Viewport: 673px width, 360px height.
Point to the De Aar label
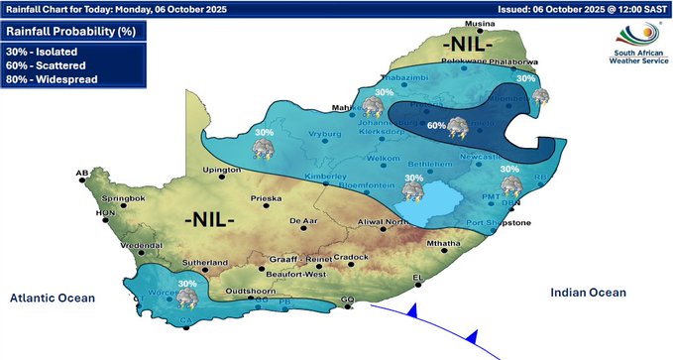point(301,220)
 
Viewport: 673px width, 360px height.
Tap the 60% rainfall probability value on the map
point(436,126)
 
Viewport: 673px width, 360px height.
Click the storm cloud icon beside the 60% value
point(459,127)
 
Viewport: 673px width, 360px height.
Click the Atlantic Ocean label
point(52,298)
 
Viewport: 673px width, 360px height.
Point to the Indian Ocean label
point(589,293)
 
